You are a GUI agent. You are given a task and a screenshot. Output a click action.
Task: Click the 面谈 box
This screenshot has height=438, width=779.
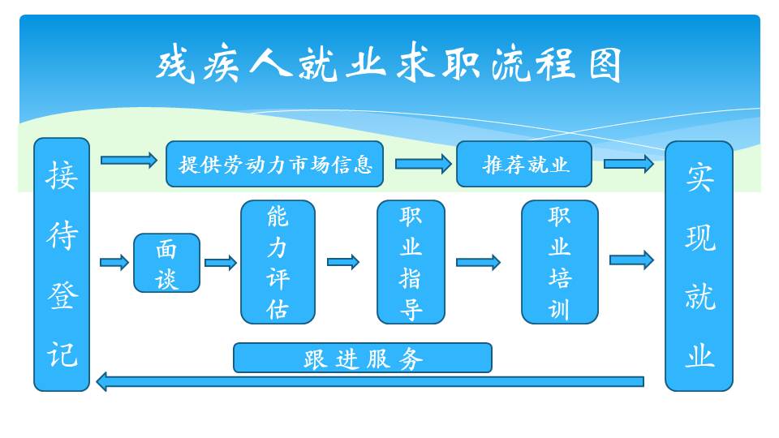click(x=167, y=263)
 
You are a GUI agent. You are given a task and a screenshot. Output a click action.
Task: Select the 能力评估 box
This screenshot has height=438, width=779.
click(x=278, y=262)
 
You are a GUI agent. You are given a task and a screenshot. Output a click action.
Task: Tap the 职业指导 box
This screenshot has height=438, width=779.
click(x=411, y=262)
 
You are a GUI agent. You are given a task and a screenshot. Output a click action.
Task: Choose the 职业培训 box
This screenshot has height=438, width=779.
click(x=560, y=262)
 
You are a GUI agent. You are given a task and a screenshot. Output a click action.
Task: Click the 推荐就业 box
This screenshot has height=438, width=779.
click(x=524, y=164)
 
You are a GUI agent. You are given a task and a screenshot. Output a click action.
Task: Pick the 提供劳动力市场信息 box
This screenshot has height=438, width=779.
click(x=275, y=164)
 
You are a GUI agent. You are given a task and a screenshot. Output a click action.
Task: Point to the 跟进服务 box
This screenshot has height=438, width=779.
click(x=363, y=358)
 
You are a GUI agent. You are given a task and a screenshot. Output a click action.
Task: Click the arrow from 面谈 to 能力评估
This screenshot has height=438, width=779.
click(x=221, y=262)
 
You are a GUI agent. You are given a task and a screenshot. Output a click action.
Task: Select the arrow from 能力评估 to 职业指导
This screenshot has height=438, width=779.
click(x=343, y=262)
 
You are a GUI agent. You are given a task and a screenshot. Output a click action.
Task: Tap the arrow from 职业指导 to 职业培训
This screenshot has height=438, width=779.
click(x=479, y=262)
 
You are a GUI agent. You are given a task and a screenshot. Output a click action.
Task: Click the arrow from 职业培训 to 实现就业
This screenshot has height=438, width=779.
click(x=631, y=260)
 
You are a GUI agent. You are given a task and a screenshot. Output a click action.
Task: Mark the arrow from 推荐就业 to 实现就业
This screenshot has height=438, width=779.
click(x=628, y=163)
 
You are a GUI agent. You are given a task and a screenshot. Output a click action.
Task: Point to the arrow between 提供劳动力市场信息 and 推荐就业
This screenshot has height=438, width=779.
click(x=424, y=163)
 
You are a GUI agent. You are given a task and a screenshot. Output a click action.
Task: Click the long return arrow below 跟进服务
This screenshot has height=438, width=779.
click(x=370, y=381)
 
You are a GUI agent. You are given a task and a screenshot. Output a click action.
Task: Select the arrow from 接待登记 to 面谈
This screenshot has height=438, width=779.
click(x=114, y=262)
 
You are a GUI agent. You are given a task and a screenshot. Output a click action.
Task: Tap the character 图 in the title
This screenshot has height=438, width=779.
click(x=605, y=65)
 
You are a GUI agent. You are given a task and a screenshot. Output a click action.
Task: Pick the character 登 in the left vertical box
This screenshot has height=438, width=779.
click(x=62, y=295)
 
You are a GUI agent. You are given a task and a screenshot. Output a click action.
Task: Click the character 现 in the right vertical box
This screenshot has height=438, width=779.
click(x=700, y=238)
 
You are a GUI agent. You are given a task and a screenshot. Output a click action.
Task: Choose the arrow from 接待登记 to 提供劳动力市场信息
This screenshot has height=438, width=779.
click(x=129, y=160)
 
